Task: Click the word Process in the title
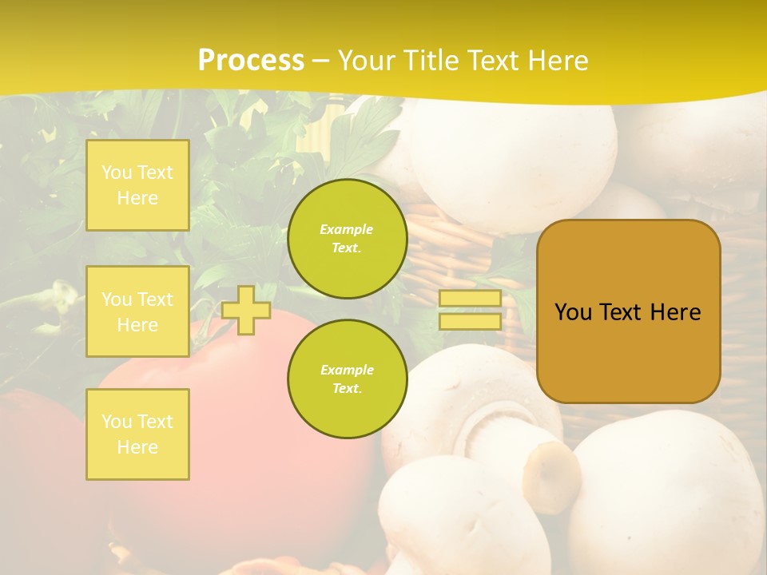point(251,61)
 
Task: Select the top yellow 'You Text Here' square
point(137,185)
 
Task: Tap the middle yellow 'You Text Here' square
point(137,311)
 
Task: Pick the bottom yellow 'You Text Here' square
point(137,434)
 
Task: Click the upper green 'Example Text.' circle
point(347,239)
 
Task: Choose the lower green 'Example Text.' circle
point(347,379)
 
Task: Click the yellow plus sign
point(246,310)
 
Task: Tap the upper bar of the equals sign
point(470,299)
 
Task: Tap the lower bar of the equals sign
point(470,322)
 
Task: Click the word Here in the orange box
point(675,312)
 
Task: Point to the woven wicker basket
point(447,256)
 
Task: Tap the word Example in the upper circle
point(347,229)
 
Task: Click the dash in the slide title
point(320,61)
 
